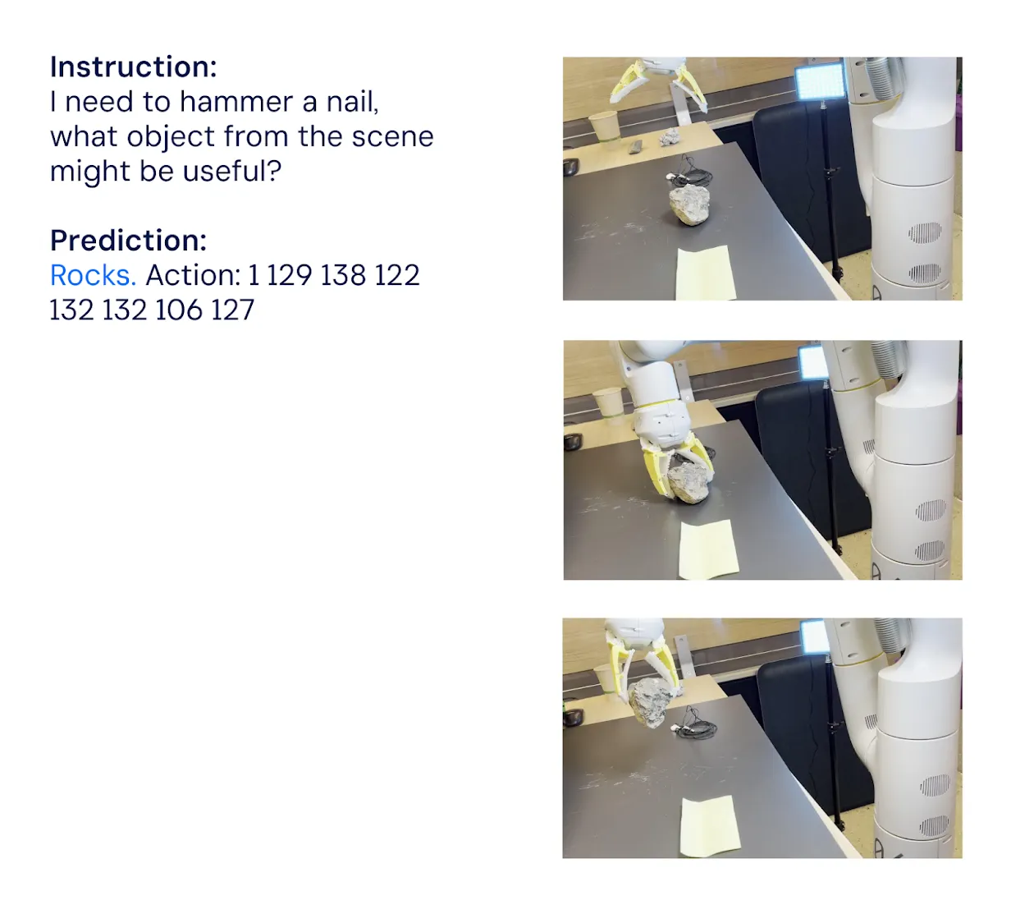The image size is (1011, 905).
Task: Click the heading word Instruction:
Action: click(133, 67)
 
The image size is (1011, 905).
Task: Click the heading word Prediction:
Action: click(128, 241)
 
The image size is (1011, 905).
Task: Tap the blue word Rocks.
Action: click(93, 274)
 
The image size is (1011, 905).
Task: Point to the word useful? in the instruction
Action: click(232, 171)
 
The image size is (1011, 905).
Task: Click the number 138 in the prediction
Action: click(343, 274)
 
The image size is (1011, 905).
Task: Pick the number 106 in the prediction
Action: click(177, 310)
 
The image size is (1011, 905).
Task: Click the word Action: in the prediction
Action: click(193, 274)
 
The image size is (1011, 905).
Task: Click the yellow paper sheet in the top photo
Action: click(705, 273)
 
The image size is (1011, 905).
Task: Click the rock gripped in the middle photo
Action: click(688, 483)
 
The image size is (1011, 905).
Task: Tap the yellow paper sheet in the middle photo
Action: click(708, 549)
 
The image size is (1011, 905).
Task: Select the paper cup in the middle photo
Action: click(608, 402)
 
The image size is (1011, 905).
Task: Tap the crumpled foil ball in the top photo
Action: click(669, 137)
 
